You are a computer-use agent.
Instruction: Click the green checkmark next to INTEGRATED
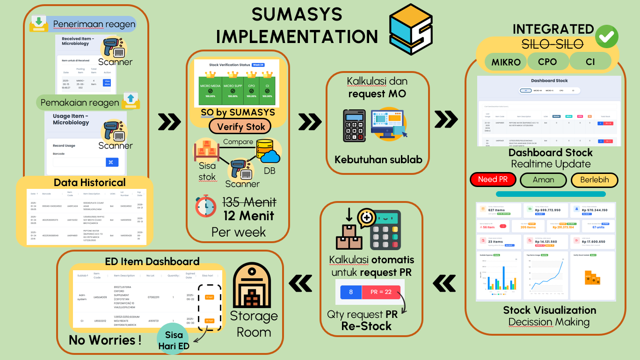[x=606, y=36]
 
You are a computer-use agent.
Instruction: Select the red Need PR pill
[x=493, y=180]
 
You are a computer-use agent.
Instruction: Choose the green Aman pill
[x=543, y=180]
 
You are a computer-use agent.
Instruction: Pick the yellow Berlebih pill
[x=594, y=180]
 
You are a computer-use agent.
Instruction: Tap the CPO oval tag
[x=547, y=62]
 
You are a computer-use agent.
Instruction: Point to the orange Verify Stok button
[x=241, y=126]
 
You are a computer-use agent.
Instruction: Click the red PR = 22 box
[x=381, y=292]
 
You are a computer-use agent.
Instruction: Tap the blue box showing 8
[x=351, y=292]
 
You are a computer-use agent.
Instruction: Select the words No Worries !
[x=105, y=340]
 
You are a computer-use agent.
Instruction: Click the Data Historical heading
[x=89, y=182]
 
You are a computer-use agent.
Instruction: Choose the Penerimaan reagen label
[x=94, y=24]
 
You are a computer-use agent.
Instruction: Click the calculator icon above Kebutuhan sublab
[x=354, y=126]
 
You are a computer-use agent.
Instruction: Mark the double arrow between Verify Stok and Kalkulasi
[x=310, y=122]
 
